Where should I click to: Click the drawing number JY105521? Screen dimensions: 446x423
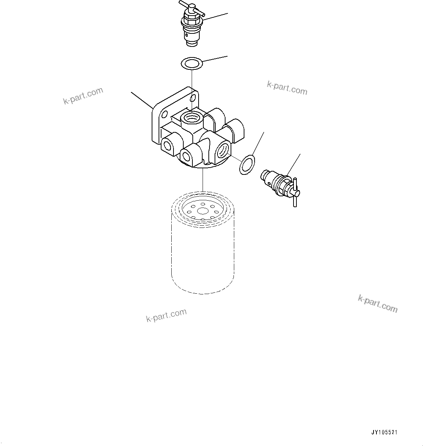(384, 433)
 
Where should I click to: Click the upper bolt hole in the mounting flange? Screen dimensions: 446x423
(193, 98)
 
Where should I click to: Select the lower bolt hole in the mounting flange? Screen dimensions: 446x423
(164, 115)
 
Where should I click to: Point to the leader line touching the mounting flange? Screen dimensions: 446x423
(142, 100)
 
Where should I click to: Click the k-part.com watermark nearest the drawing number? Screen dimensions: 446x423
(378, 304)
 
